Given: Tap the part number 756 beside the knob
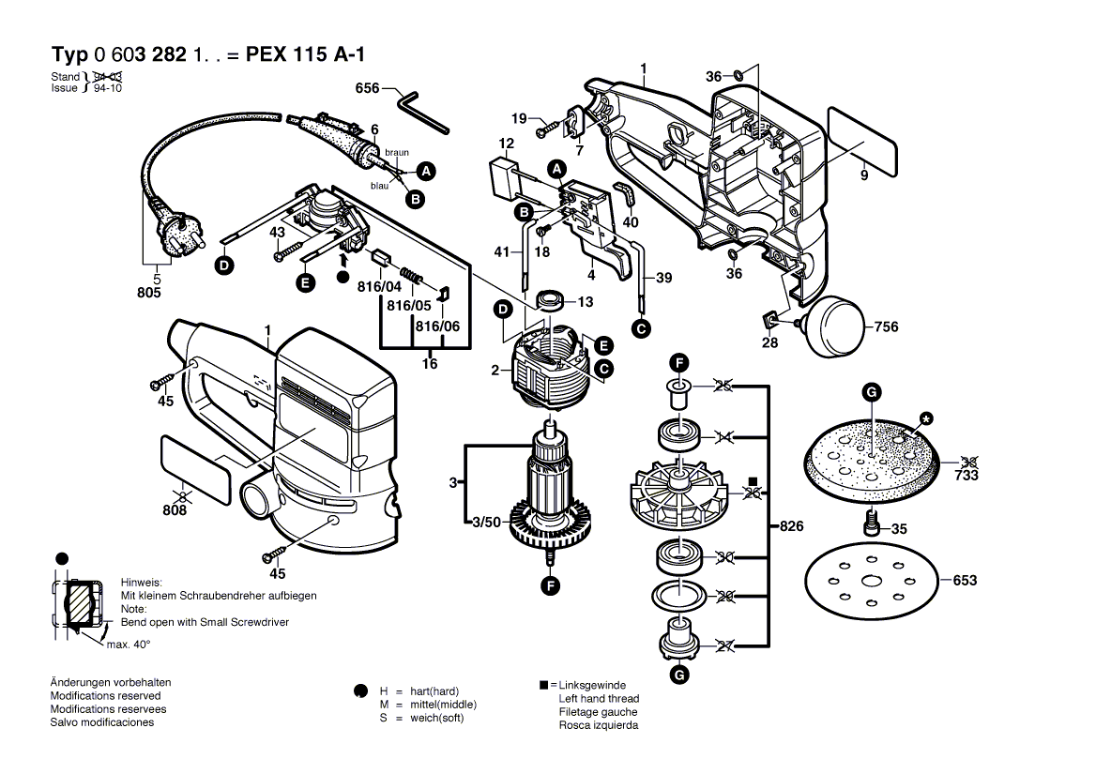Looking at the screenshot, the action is click(x=886, y=326).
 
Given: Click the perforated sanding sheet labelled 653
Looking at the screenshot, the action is click(x=871, y=581).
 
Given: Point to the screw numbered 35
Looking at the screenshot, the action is click(x=872, y=522).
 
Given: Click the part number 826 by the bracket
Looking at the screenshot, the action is click(x=791, y=526).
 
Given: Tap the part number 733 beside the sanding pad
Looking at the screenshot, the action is click(x=967, y=476).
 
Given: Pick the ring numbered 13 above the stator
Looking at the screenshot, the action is click(x=551, y=300).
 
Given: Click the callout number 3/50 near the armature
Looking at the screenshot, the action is click(x=486, y=523).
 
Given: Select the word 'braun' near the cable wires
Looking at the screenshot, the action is click(x=397, y=152).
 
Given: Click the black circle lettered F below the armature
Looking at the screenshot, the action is click(x=551, y=585).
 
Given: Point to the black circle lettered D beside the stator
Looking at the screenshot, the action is click(x=503, y=310).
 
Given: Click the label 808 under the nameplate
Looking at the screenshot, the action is click(x=175, y=510).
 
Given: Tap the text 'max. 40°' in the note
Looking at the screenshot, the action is click(x=129, y=645).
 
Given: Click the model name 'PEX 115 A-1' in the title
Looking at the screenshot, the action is click(x=306, y=54).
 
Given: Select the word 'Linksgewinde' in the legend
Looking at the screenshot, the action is click(x=593, y=685).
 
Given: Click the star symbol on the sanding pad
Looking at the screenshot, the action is click(x=927, y=419).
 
